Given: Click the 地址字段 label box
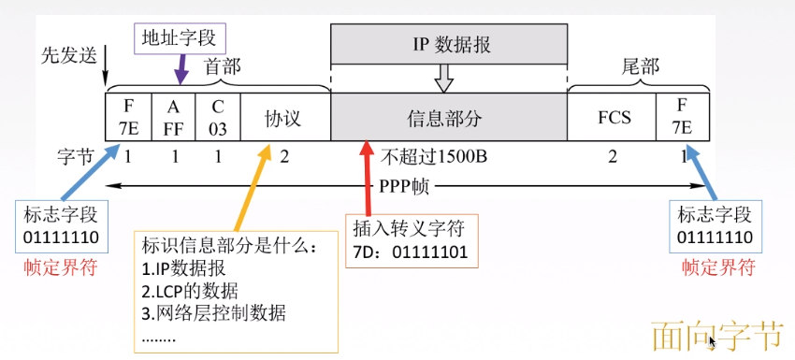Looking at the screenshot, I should coord(178,37).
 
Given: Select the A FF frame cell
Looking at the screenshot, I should coord(173,117).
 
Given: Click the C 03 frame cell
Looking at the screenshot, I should coord(218,117).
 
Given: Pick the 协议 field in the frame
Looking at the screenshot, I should coord(283,118).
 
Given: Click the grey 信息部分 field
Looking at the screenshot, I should coord(449,118).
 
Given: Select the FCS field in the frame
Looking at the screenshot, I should coord(614,118).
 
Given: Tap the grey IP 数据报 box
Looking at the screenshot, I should coord(449,43).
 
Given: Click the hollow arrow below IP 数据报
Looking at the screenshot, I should coord(445,76).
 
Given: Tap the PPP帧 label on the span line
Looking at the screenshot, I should coord(404,185).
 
